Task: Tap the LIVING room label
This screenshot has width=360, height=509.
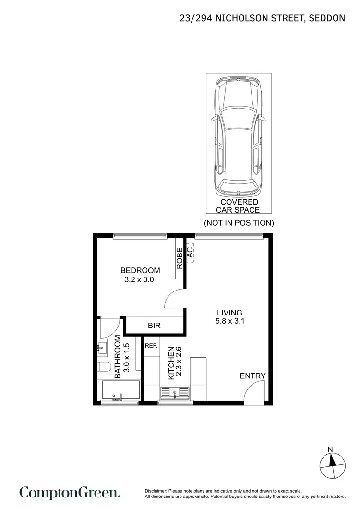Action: pyautogui.click(x=229, y=313)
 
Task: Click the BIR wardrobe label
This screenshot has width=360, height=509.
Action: pyautogui.click(x=154, y=326)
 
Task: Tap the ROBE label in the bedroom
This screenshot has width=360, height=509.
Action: pyautogui.click(x=180, y=258)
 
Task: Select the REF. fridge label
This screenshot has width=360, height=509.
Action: pyautogui.click(x=151, y=345)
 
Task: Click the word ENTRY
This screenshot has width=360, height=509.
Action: pyautogui.click(x=252, y=376)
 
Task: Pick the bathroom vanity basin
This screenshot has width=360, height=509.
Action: pyautogui.click(x=102, y=347)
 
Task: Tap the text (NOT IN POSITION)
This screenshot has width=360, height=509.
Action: pyautogui.click(x=239, y=223)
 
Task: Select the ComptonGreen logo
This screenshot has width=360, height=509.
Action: pyautogui.click(x=70, y=493)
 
